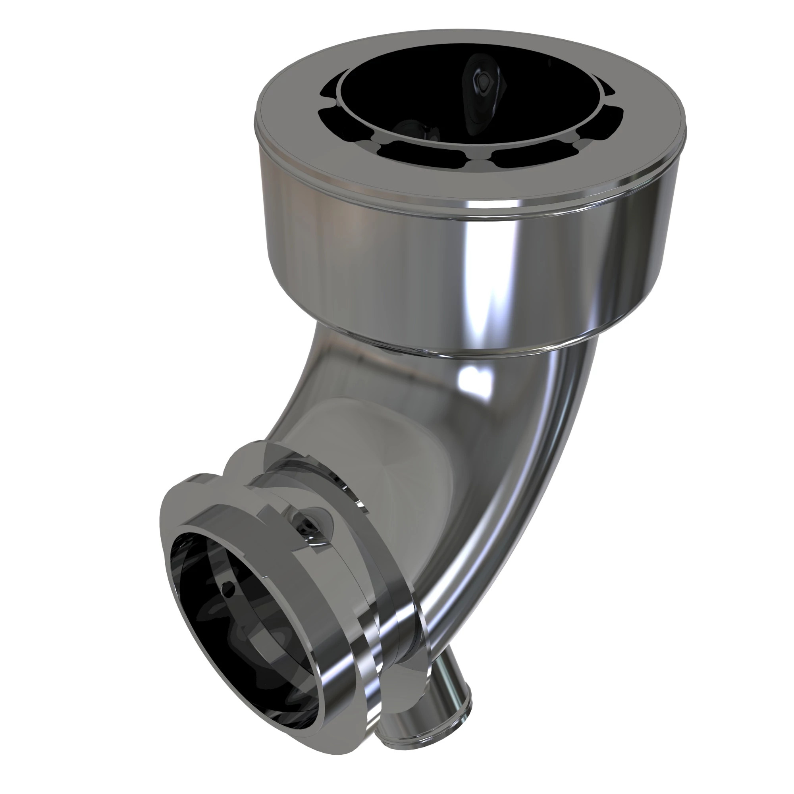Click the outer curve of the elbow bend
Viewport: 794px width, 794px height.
coord(547,493)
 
